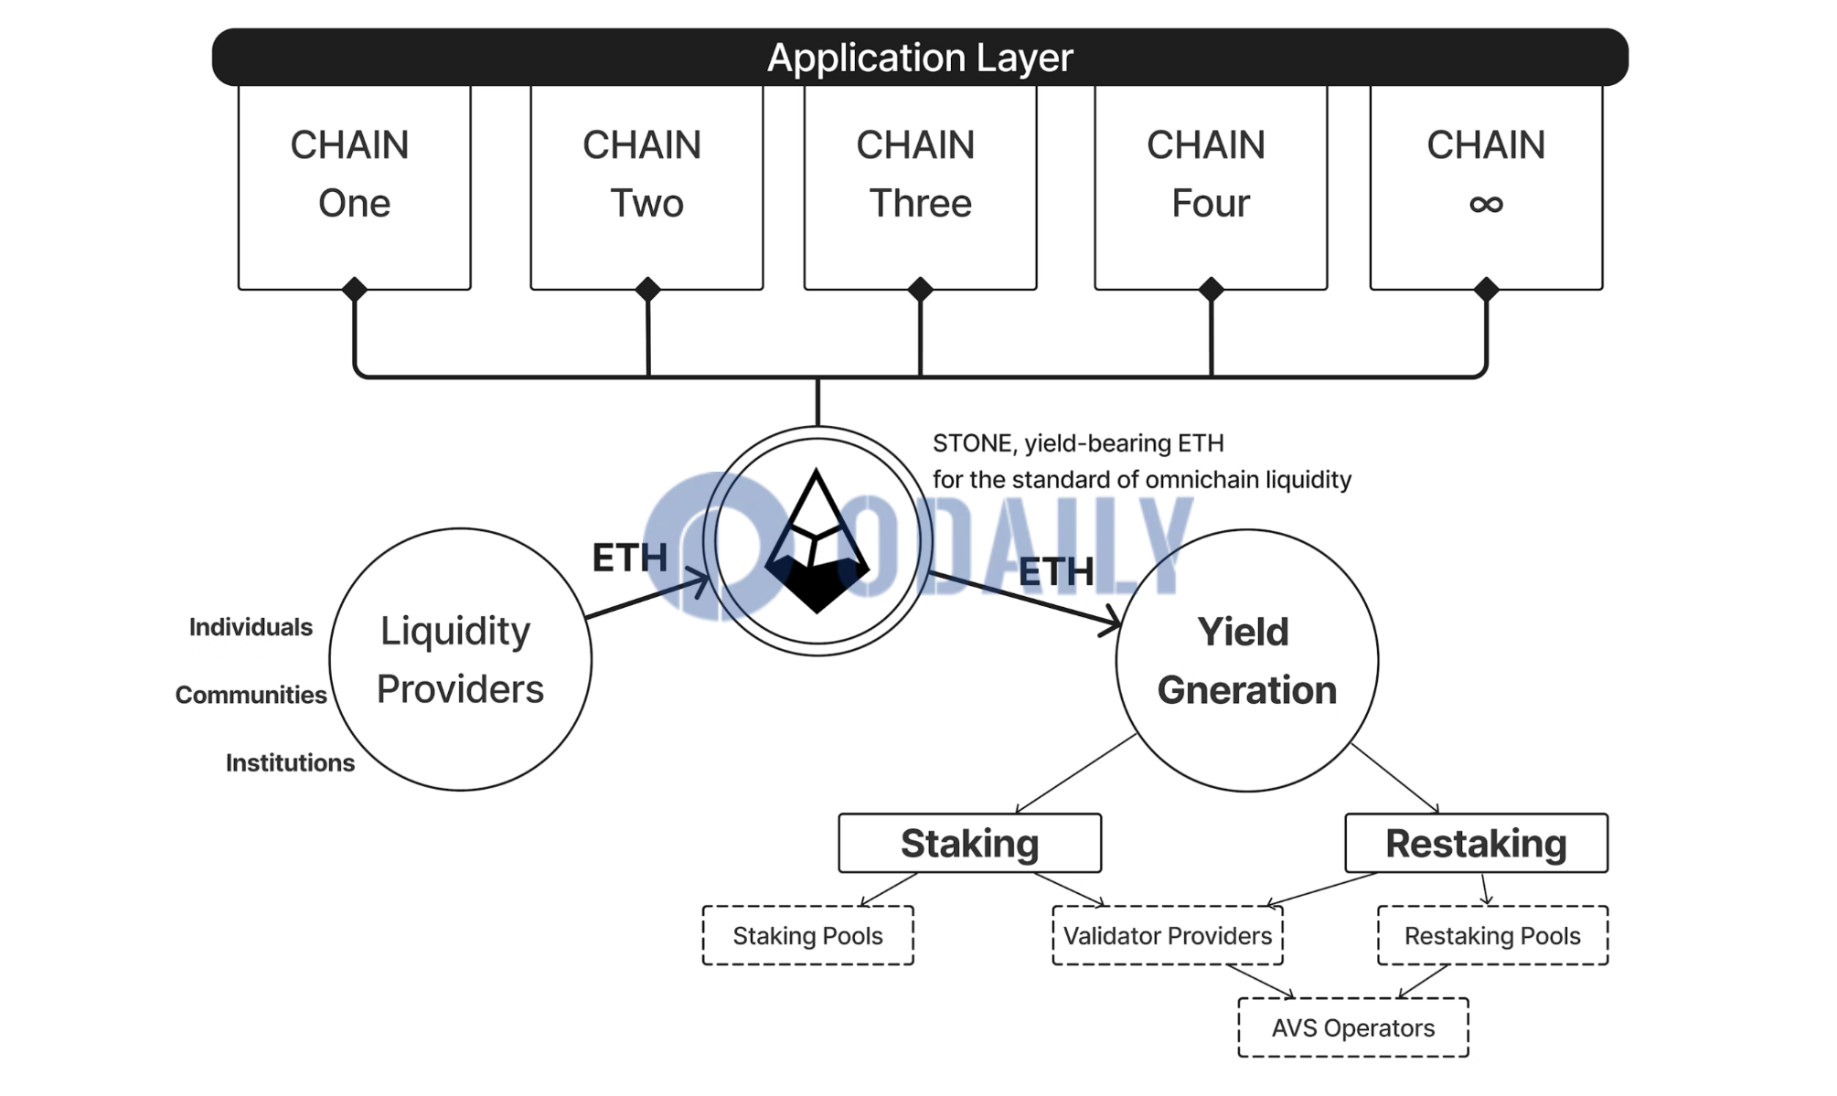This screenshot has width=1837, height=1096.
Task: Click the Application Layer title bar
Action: click(920, 57)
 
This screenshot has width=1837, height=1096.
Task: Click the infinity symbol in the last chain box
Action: click(1486, 204)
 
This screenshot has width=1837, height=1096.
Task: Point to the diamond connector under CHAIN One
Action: click(355, 290)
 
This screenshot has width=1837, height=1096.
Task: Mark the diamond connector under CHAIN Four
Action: click(1212, 290)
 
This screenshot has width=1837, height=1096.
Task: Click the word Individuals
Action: click(251, 627)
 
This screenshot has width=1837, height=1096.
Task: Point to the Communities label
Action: click(251, 695)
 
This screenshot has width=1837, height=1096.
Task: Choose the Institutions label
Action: click(290, 762)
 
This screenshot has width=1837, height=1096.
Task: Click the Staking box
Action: click(970, 843)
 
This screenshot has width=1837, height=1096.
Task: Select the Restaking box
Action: click(1476, 843)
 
